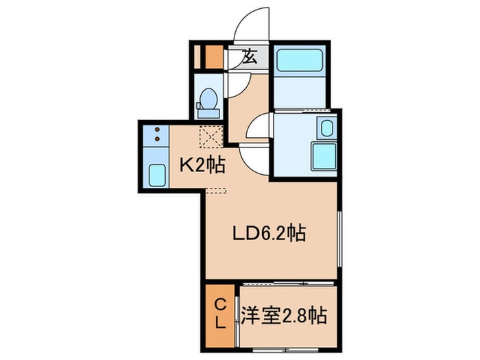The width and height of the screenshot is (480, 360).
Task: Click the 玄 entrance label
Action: tap(250, 58)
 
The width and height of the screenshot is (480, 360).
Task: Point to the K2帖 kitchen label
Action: tap(199, 165)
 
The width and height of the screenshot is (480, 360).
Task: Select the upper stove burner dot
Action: tap(158, 130)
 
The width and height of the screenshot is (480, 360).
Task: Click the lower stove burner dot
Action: tap(158, 139)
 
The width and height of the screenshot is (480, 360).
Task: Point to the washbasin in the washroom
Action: tap(326, 128)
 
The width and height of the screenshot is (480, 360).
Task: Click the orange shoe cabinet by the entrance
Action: tap(214, 56)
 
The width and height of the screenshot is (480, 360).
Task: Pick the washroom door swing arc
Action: tap(261, 128)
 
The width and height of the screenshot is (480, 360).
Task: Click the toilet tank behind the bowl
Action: tap(209, 106)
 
